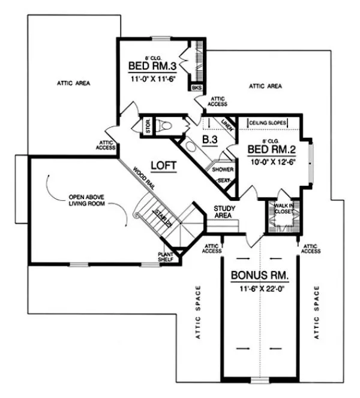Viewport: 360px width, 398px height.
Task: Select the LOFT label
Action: click(x=163, y=165)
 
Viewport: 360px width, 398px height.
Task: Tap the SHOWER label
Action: click(x=223, y=170)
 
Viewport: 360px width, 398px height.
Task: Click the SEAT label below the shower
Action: click(x=223, y=180)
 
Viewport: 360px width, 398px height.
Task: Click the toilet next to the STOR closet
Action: click(x=169, y=126)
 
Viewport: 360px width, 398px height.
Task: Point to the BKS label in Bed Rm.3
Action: click(x=196, y=88)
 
